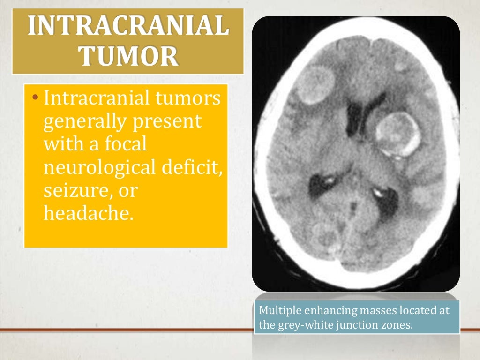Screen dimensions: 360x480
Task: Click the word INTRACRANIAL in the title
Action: pos(128,27)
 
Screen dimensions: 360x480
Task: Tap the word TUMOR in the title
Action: pos(128,57)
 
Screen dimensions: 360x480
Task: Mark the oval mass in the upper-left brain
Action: pos(314,85)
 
